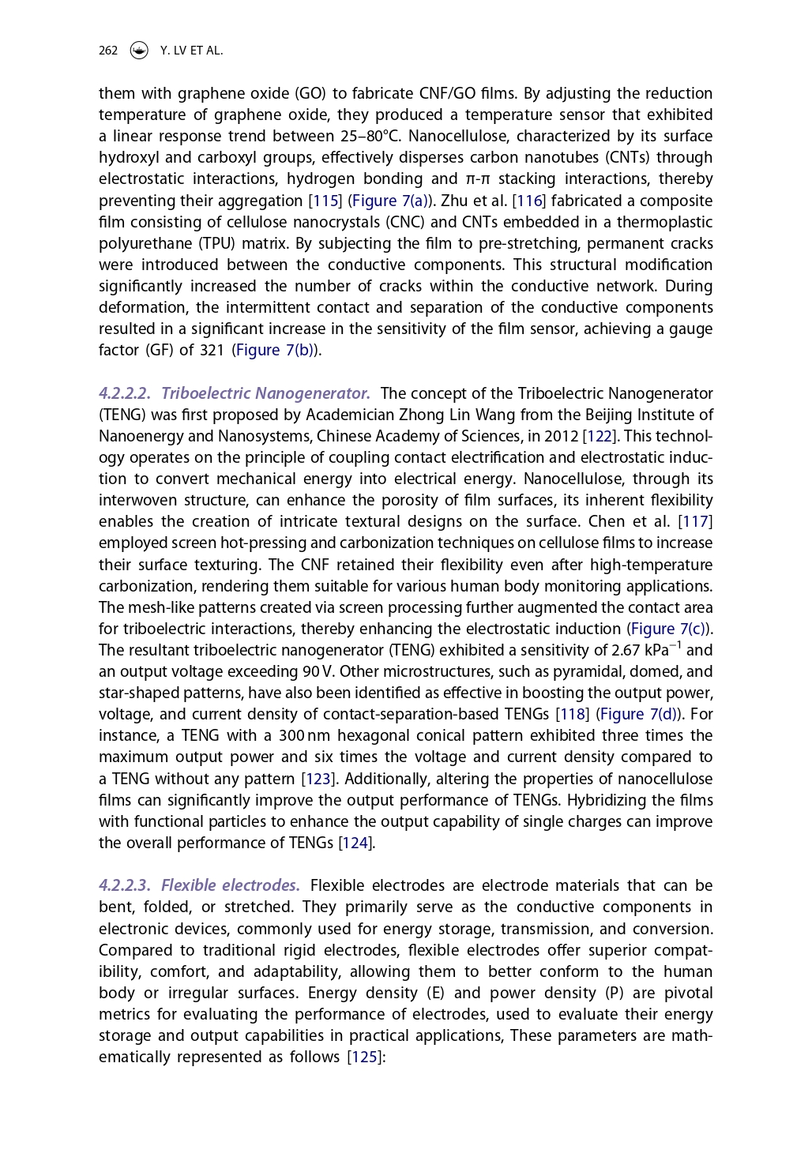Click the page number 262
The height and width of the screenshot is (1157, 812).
tap(108, 51)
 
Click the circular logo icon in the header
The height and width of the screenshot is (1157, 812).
tap(139, 51)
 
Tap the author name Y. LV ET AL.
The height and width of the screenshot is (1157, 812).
tap(191, 51)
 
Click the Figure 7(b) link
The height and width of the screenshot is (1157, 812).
tap(276, 351)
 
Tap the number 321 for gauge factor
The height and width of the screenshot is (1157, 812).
tap(212, 351)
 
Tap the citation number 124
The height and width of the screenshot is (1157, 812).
tap(355, 843)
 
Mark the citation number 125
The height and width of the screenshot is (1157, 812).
tap(364, 1057)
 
